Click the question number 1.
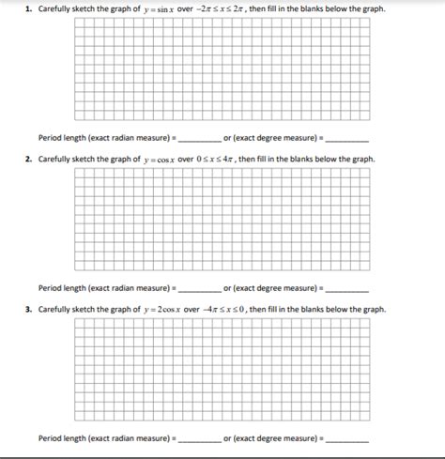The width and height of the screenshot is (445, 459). tap(28, 8)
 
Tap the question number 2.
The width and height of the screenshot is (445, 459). tap(28, 160)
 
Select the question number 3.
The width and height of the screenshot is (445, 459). tap(28, 310)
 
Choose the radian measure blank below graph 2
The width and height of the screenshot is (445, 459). tap(199, 288)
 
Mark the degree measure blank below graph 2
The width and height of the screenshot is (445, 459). tap(347, 288)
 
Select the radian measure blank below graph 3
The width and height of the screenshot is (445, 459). tap(199, 438)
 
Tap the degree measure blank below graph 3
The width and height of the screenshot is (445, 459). tap(347, 438)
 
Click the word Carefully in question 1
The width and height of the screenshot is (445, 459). tap(54, 8)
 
